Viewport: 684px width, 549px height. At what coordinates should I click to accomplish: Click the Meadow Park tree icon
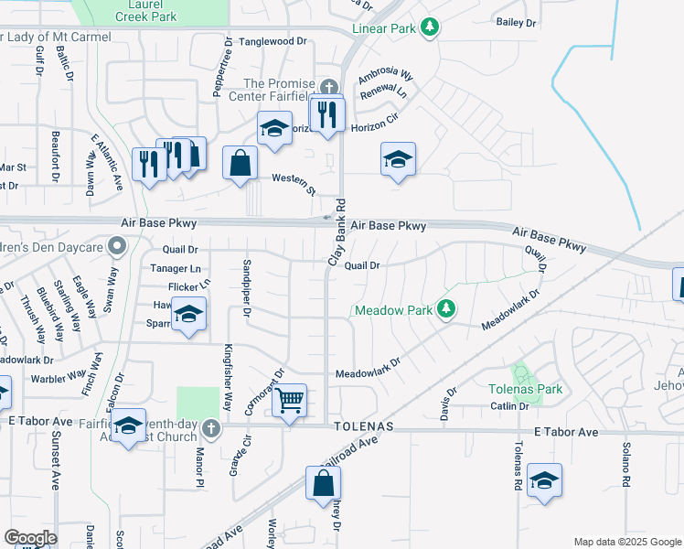point(445,309)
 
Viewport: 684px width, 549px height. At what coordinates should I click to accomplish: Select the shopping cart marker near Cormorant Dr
point(289,400)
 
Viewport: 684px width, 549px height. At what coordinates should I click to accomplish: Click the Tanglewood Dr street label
point(273,42)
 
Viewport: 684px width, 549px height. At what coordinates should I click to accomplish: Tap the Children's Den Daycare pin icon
point(116,245)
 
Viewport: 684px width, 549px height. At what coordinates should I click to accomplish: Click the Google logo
point(30,538)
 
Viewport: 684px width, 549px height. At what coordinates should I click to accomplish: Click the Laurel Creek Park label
point(151,10)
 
